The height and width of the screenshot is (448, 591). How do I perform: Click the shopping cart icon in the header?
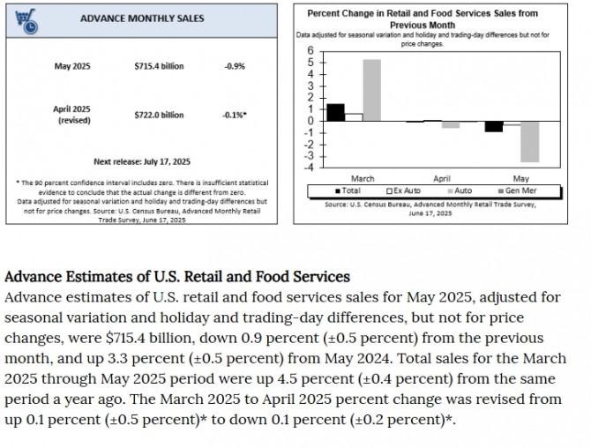pyautogui.click(x=24, y=19)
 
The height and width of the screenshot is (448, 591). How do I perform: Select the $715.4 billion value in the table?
pyautogui.click(x=159, y=66)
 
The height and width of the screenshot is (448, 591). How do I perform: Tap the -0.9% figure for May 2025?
pyautogui.click(x=235, y=66)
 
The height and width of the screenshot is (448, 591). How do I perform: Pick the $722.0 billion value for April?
pyautogui.click(x=159, y=115)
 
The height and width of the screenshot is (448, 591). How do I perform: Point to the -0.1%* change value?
pyautogui.click(x=236, y=115)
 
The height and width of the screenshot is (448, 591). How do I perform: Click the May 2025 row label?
pyautogui.click(x=72, y=66)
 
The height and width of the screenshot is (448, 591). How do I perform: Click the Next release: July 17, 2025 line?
pyautogui.click(x=142, y=161)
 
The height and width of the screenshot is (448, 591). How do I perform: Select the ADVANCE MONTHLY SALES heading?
pyautogui.click(x=142, y=19)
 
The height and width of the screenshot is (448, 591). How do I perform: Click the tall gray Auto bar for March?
pyautogui.click(x=371, y=90)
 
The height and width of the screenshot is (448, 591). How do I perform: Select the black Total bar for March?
pyautogui.click(x=334, y=112)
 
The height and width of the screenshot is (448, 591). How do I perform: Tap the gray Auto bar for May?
pyautogui.click(x=529, y=141)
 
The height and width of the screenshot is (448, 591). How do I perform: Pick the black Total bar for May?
pyautogui.click(x=493, y=126)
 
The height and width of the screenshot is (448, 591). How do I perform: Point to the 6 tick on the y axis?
pyautogui.click(x=310, y=50)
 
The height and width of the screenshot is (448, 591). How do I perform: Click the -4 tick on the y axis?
pyautogui.click(x=310, y=167)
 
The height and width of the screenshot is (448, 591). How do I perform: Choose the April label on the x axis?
pyautogui.click(x=441, y=179)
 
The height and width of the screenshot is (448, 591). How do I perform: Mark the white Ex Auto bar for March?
pyautogui.click(x=353, y=116)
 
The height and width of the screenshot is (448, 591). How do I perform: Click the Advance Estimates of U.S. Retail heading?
pyautogui.click(x=177, y=277)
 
